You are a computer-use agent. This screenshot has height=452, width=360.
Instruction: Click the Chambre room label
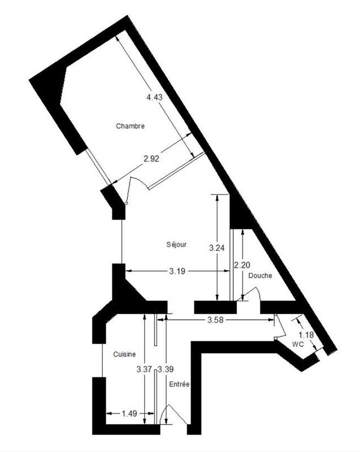point(131,126)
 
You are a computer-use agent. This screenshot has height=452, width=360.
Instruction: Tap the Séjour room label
point(176,245)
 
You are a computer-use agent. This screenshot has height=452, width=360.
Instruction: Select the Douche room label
point(260,276)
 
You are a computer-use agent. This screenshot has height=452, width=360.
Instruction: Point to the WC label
point(298,344)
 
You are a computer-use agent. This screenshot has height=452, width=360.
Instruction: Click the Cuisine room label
point(124,354)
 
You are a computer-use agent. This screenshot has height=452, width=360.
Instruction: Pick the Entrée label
point(179,384)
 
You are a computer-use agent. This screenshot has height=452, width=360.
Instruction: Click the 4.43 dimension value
point(154,97)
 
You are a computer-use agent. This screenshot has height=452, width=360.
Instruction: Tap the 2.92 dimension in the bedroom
point(151,159)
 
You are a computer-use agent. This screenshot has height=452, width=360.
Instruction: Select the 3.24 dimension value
point(218,247)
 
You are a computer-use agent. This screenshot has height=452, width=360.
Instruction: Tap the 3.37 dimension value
point(145,370)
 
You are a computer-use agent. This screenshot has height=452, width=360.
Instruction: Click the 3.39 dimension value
point(166,370)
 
